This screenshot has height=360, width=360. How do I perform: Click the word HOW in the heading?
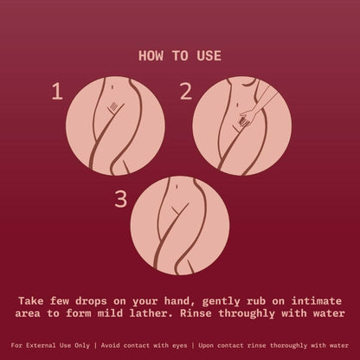click(x=151, y=55)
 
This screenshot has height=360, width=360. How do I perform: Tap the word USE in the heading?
click(x=209, y=55)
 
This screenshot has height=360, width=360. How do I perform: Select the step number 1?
click(x=57, y=91)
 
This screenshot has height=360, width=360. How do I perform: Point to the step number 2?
click(x=186, y=91)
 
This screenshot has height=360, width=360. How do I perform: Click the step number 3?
click(x=121, y=199)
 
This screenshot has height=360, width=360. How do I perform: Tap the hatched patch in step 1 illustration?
click(x=114, y=106)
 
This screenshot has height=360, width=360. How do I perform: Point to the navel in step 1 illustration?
click(x=112, y=86)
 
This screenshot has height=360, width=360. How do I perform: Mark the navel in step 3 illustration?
click(x=177, y=187)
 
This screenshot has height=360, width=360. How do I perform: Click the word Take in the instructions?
click(x=31, y=301)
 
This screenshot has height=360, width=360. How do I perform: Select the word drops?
click(x=91, y=301)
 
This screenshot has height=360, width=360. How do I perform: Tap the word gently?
click(x=221, y=302)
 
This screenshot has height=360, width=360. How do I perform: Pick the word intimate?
click(x=317, y=301)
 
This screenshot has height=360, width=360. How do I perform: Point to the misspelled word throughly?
click(x=247, y=314)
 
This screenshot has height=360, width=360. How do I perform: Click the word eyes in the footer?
click(x=179, y=345)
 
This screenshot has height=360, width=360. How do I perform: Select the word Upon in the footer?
click(x=206, y=345)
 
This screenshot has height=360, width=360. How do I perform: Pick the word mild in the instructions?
click(x=110, y=313)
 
